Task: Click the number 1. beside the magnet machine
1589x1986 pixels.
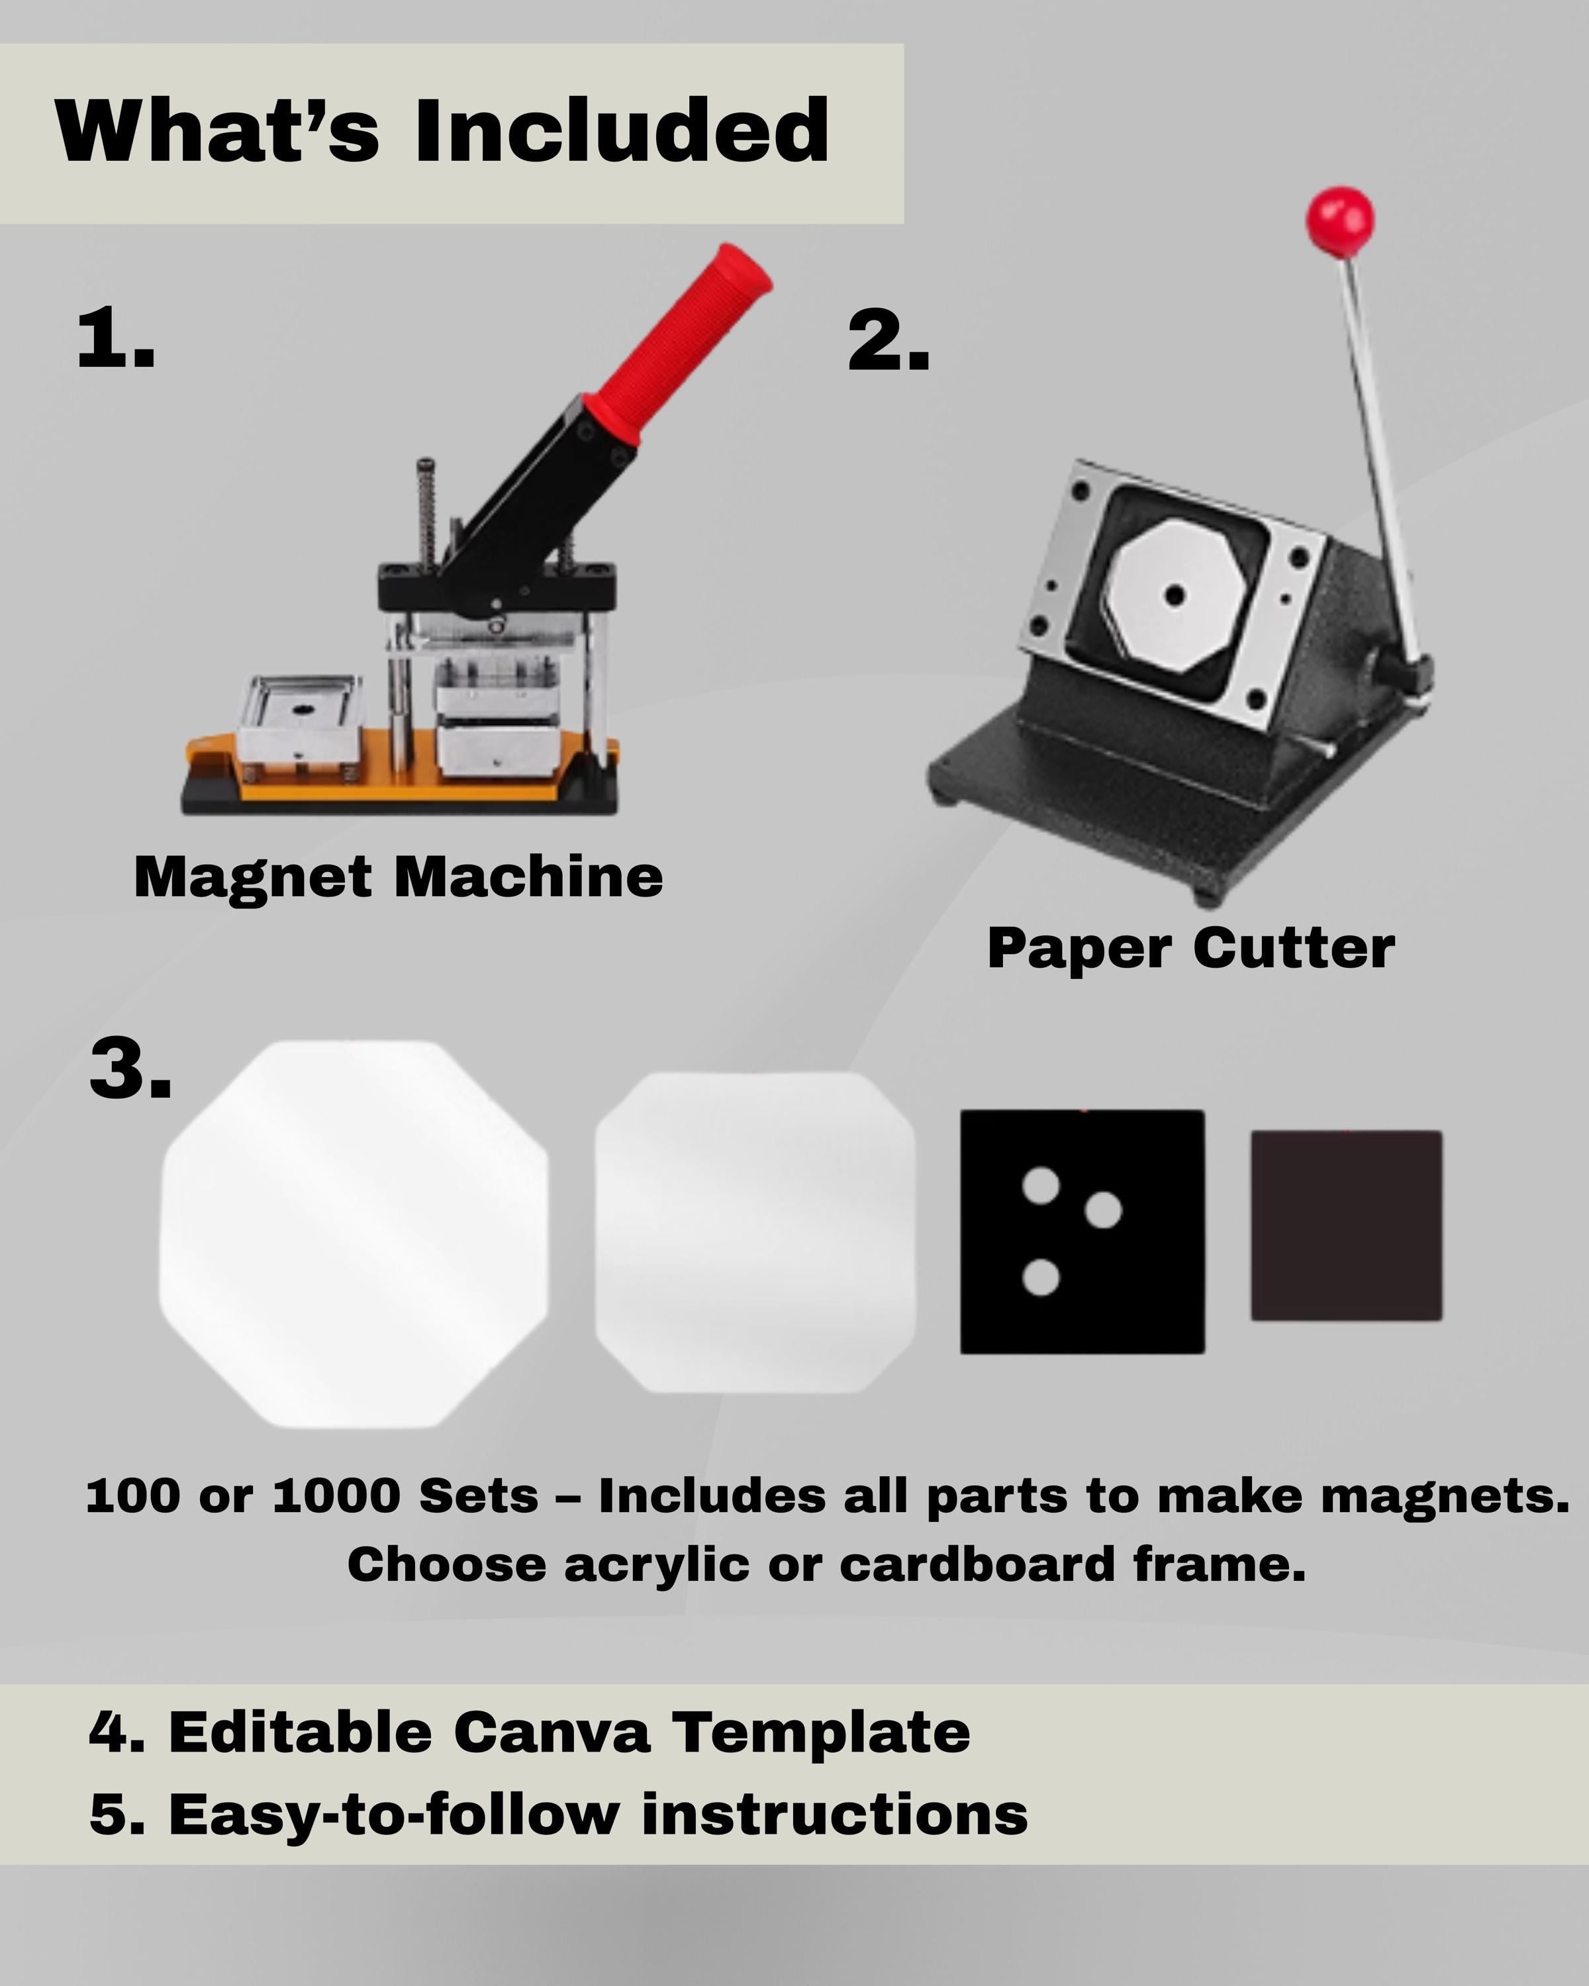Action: coord(115,340)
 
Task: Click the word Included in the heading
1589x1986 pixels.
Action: coord(622,131)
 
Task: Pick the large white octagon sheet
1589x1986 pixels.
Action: coord(354,1235)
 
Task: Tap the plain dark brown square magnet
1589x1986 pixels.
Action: coord(1346,1225)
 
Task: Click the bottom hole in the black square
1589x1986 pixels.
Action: coord(1041,1278)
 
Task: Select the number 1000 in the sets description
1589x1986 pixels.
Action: coord(336,1496)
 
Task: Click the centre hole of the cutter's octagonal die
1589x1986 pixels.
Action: coord(1173,595)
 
